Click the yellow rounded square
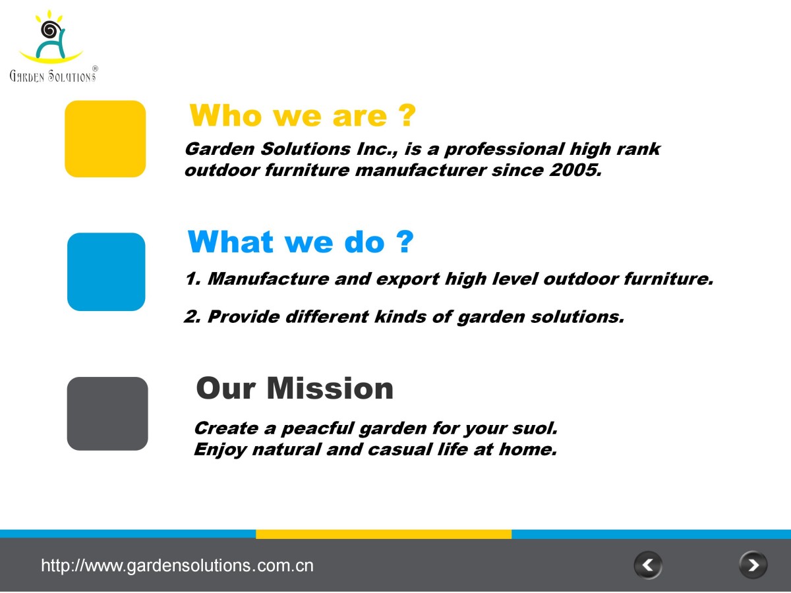[105, 138]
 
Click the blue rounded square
[106, 272]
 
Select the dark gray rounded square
[107, 414]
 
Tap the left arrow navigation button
[648, 565]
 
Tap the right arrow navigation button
[753, 565]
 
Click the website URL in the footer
[177, 565]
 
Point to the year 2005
[575, 170]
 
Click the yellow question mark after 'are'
[407, 115]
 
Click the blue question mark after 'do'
[405, 242]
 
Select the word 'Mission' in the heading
[330, 389]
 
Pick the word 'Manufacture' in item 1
[268, 279]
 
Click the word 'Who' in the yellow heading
[225, 115]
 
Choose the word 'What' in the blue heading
[231, 242]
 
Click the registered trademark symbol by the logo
[95, 69]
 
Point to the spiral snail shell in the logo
[49, 29]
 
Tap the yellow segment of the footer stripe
[384, 534]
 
